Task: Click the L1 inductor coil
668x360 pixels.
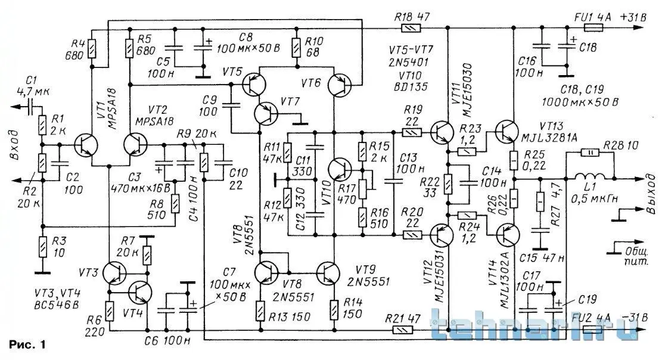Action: (x=590, y=176)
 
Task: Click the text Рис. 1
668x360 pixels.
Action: (x=27, y=345)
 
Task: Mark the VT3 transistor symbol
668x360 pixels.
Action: (x=113, y=273)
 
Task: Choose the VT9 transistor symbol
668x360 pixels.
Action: (x=328, y=272)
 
